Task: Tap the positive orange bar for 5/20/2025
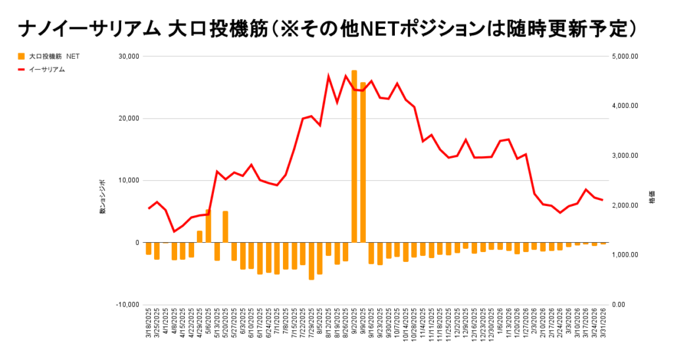(x=225, y=227)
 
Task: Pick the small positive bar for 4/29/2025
(x=199, y=237)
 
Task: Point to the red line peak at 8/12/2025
(x=328, y=76)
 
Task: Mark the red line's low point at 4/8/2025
(x=174, y=232)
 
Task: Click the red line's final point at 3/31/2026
(x=603, y=200)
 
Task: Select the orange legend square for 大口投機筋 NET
(x=22, y=57)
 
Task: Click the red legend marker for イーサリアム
(x=22, y=69)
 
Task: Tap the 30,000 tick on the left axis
(x=128, y=57)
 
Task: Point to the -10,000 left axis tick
(x=126, y=305)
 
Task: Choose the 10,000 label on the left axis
(x=128, y=180)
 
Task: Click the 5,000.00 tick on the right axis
(x=625, y=57)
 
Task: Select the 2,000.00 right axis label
(x=625, y=205)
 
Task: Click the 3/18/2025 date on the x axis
(x=149, y=330)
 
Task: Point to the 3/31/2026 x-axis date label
(x=604, y=330)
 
